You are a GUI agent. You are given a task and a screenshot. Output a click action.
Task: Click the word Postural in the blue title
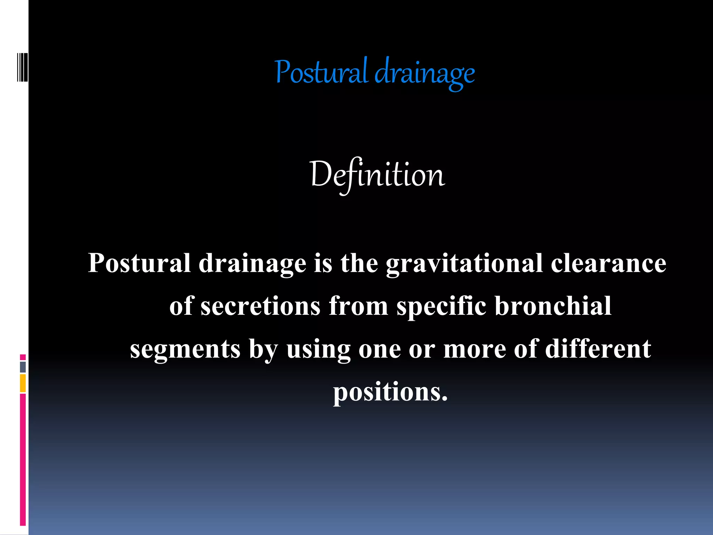click(x=321, y=72)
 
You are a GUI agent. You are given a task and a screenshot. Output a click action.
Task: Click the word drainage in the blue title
click(x=425, y=73)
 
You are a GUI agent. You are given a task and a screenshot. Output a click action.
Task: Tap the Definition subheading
click(x=377, y=175)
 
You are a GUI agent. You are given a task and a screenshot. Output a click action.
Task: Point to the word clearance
click(x=608, y=263)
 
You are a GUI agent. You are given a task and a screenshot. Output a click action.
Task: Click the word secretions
click(x=260, y=306)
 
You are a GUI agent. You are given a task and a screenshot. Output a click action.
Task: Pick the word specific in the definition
click(x=441, y=306)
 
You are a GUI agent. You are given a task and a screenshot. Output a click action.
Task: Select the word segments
click(x=185, y=349)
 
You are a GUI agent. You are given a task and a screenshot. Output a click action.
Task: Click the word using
click(x=318, y=349)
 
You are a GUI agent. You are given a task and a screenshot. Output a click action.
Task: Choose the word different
click(x=598, y=349)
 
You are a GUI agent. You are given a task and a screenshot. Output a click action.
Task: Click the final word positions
click(x=390, y=393)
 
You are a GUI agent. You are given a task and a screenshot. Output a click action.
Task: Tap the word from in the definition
click(x=358, y=306)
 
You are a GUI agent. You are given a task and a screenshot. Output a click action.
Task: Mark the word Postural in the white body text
click(x=139, y=263)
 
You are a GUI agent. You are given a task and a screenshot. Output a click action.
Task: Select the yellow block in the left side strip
click(x=23, y=383)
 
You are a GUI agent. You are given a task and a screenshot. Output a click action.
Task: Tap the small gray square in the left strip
click(x=23, y=367)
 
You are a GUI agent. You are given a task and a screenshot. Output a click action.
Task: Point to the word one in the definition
click(x=379, y=349)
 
